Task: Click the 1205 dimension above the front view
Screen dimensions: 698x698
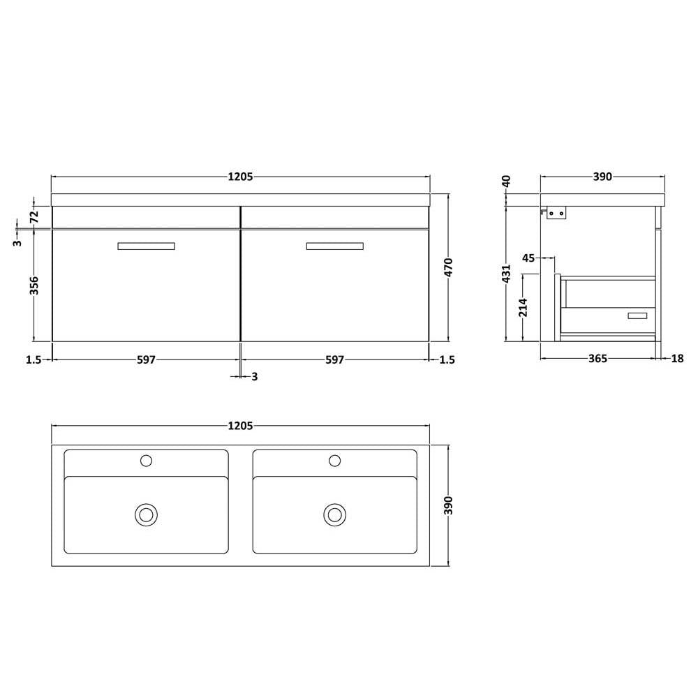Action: click(240, 177)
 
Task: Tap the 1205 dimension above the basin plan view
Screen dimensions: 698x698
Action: click(240, 426)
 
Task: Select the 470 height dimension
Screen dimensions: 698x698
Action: click(448, 267)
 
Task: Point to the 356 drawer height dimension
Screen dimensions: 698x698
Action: click(34, 285)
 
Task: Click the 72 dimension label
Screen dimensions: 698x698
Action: click(34, 217)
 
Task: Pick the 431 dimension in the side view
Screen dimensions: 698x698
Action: click(506, 274)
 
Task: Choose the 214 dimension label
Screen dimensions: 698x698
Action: click(523, 308)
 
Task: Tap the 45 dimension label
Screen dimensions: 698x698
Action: click(528, 258)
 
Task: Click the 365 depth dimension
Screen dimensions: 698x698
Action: click(598, 358)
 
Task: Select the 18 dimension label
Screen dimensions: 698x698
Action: click(677, 358)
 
